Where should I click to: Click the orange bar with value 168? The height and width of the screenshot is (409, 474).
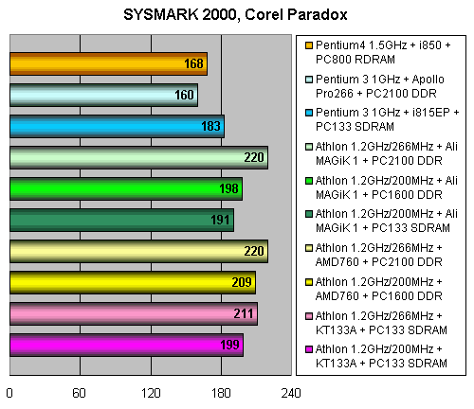[108, 63]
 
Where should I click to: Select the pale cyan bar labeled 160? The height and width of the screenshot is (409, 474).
[103, 95]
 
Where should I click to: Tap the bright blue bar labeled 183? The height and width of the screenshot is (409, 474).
[117, 126]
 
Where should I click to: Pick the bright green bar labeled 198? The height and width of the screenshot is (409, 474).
[126, 188]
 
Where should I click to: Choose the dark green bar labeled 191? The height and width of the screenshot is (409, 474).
[121, 220]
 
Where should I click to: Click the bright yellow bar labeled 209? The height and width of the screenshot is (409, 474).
[133, 282]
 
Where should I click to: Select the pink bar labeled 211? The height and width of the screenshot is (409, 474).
[134, 313]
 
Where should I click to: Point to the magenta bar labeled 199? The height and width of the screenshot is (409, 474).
[126, 345]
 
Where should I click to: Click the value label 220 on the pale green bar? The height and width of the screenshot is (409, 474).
[254, 157]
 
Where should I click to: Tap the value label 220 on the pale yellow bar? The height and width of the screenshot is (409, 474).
[254, 251]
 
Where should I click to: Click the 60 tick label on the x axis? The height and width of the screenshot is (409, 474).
[79, 393]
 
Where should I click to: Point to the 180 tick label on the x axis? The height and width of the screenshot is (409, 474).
[221, 393]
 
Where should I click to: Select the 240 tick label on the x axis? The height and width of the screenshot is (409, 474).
[291, 393]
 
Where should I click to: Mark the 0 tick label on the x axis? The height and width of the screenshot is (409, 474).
[9, 393]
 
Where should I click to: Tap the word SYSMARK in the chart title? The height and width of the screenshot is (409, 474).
[161, 14]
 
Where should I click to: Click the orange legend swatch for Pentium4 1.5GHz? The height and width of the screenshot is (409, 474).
[309, 45]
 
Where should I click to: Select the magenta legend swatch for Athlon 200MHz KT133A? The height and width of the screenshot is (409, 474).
[309, 349]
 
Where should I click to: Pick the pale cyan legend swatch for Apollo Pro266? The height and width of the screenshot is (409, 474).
[309, 80]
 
